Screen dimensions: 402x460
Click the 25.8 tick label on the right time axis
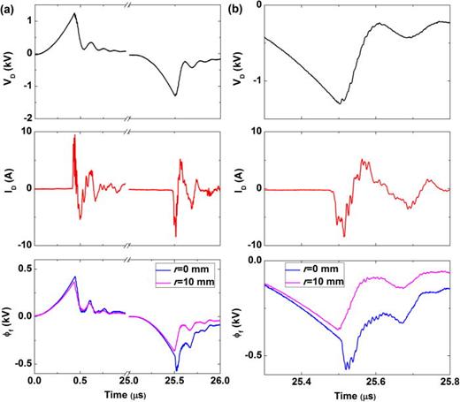[448, 380]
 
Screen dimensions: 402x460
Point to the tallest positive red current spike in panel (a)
[74, 136]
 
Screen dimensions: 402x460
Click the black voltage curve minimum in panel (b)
[340, 103]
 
